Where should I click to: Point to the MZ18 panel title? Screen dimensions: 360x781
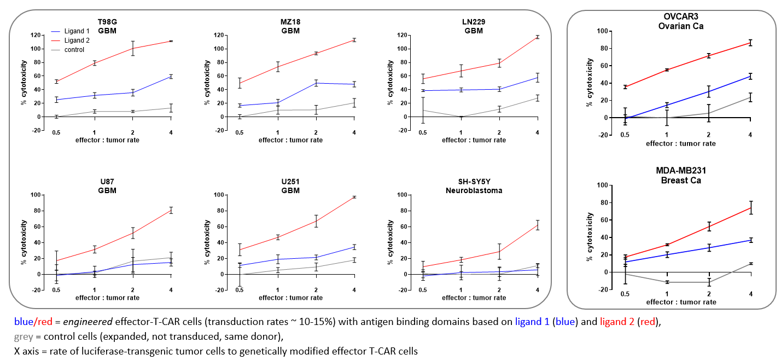[290, 26]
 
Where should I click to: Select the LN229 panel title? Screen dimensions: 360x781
[473, 26]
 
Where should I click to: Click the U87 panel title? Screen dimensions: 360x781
[107, 186]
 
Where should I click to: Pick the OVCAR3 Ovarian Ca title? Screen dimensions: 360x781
[685, 21]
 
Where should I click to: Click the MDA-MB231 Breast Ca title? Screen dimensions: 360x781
[685, 176]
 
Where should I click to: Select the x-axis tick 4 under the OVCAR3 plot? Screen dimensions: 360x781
[750, 135]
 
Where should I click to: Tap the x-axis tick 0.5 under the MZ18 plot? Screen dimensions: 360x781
[239, 132]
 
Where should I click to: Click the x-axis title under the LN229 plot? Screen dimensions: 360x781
[474, 140]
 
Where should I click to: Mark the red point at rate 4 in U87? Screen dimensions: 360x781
[171, 211]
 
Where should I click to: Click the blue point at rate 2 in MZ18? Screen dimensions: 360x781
[316, 83]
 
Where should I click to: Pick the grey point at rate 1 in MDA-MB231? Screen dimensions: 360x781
[666, 282]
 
